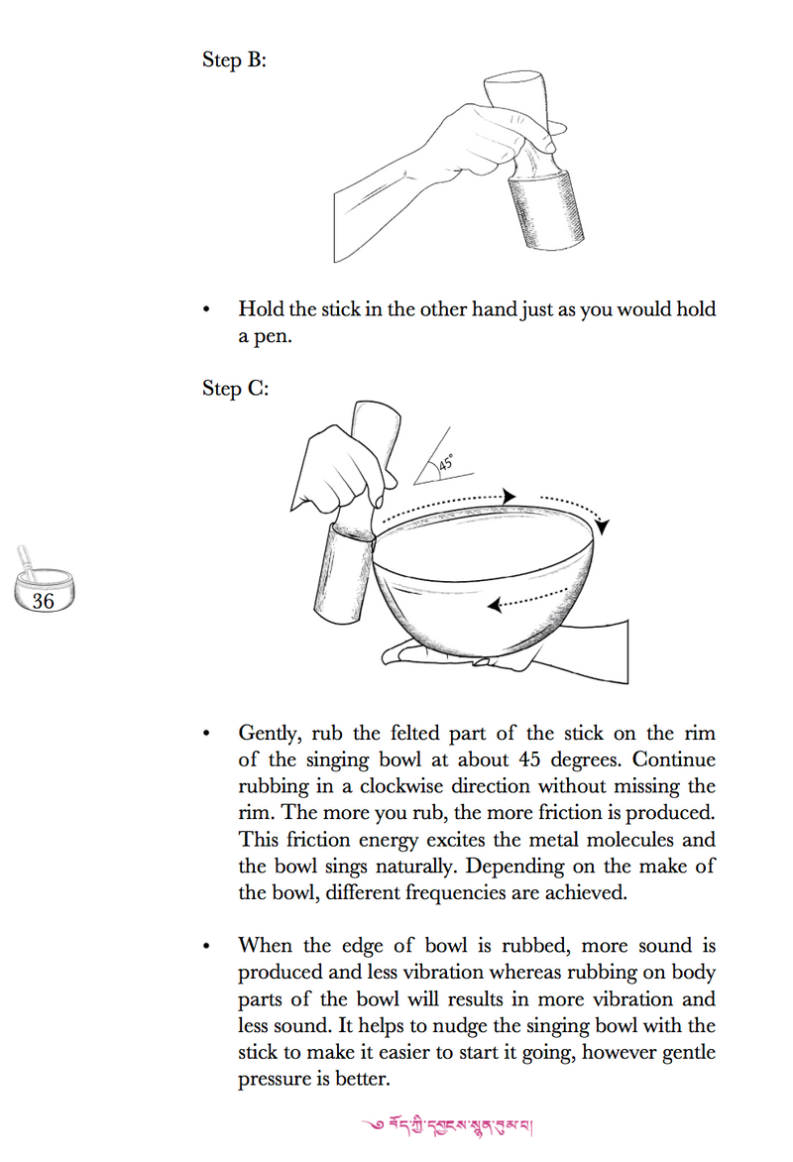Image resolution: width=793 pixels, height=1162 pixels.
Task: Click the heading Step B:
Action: click(234, 59)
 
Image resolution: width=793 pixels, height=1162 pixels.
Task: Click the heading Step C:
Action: click(235, 388)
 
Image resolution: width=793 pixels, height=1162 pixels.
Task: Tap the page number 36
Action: click(43, 600)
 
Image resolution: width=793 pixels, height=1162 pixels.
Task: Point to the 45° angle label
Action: click(445, 463)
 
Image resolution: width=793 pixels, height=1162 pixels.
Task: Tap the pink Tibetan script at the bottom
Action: click(451, 1124)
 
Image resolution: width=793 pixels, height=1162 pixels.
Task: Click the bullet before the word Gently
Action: click(206, 735)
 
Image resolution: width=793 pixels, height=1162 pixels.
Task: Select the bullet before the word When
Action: click(206, 948)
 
